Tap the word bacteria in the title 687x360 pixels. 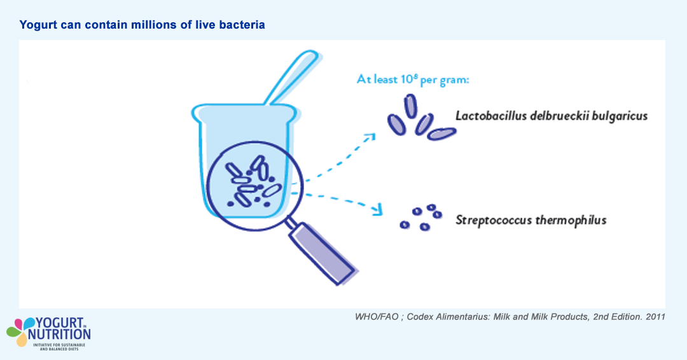[242, 25]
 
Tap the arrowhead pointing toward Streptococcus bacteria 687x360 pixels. [379, 209]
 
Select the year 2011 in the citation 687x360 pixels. [654, 317]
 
